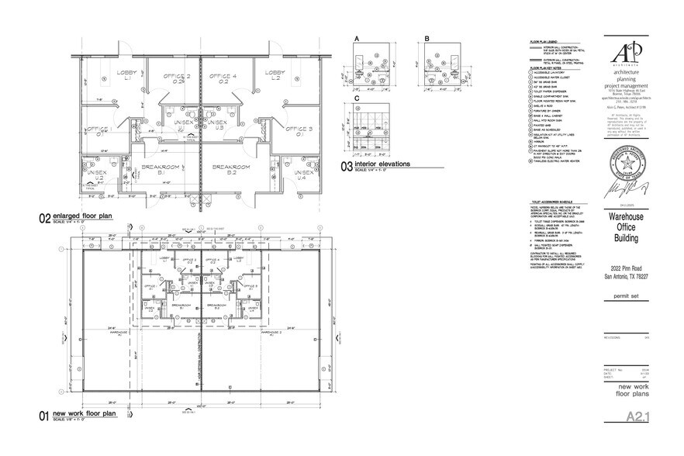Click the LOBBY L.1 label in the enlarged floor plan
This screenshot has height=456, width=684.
tap(126, 74)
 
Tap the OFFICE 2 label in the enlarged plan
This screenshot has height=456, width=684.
tap(177, 78)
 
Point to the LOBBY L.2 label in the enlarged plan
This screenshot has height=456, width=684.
tap(273, 74)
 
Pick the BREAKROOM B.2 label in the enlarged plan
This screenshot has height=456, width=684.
tap(231, 170)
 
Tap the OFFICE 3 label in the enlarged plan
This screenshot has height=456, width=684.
tap(299, 130)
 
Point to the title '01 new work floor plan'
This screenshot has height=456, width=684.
tap(84, 415)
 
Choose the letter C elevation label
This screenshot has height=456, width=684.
tap(357, 98)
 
